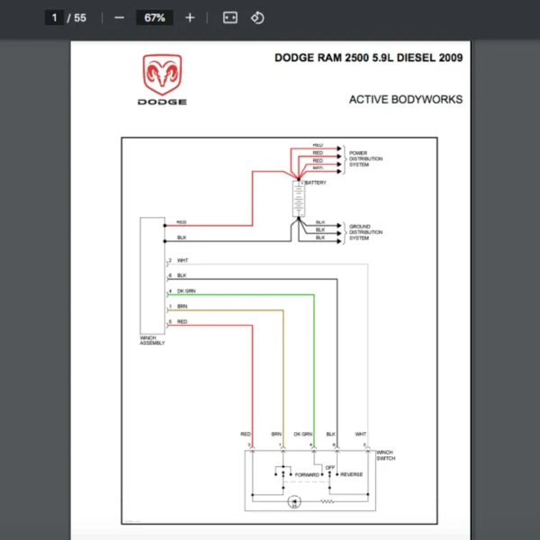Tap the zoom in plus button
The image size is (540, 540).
pyautogui.click(x=189, y=17)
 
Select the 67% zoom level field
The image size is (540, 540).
pyautogui.click(x=154, y=17)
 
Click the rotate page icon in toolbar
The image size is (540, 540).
pyautogui.click(x=257, y=17)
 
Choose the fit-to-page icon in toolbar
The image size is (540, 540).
pyautogui.click(x=230, y=17)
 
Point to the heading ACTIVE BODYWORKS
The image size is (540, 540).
pyautogui.click(x=405, y=100)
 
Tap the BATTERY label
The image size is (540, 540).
pyautogui.click(x=316, y=183)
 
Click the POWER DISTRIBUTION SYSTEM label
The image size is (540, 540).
pyautogui.click(x=365, y=159)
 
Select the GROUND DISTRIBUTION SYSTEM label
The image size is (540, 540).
pyautogui.click(x=365, y=232)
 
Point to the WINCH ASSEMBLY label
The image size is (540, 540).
pyautogui.click(x=153, y=341)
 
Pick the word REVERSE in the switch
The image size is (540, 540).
pyautogui.click(x=352, y=474)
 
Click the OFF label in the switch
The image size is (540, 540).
pyautogui.click(x=330, y=467)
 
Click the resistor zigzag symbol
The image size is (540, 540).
pyautogui.click(x=327, y=503)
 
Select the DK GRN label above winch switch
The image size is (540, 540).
pyautogui.click(x=302, y=434)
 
